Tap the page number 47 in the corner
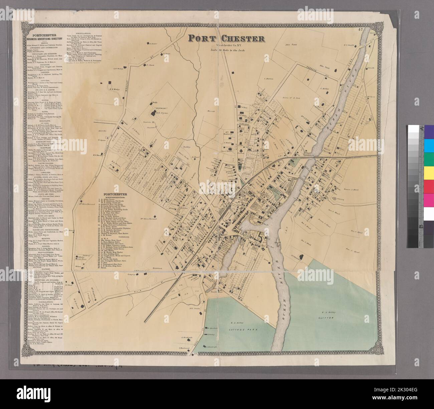(360, 30)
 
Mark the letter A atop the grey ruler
(422, 128)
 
